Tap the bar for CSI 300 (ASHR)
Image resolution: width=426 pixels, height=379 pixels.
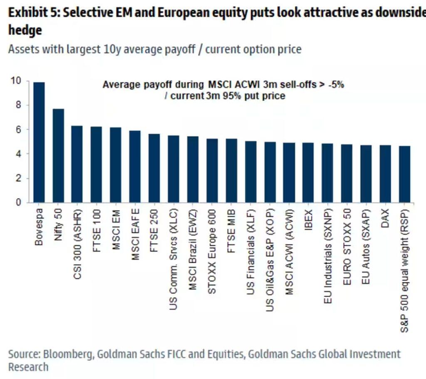click(77, 164)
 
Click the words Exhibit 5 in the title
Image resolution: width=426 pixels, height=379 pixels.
click(31, 13)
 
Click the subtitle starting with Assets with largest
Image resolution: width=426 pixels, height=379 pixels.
click(154, 49)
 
